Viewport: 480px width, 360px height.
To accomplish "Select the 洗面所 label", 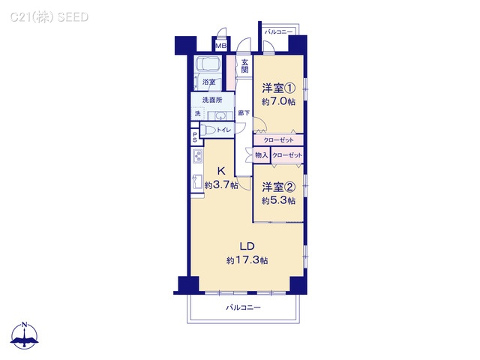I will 211,100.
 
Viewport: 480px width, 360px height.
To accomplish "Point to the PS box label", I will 195,136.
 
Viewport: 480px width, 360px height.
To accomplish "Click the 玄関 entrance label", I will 244,66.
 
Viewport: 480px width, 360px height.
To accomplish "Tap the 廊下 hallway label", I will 244,113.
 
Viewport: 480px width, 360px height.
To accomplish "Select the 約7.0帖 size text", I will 277,102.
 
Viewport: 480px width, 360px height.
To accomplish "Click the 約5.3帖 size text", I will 277,200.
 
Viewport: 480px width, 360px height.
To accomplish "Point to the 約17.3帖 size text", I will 247,260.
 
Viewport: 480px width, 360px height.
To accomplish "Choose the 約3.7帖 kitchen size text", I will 221,184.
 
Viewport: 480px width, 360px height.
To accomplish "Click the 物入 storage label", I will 261,155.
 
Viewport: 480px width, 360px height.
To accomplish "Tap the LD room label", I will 247,246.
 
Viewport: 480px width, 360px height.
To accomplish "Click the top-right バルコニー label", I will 278,31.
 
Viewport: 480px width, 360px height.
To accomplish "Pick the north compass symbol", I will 25,336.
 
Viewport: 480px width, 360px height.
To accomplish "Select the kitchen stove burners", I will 197,157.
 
